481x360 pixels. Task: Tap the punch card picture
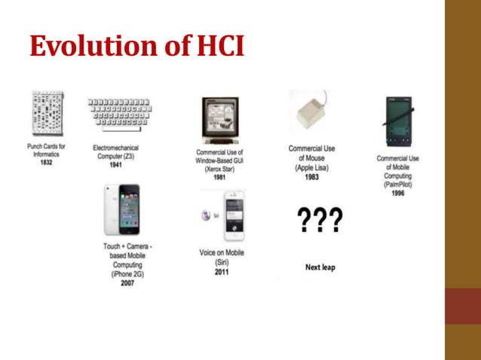pos(47,113)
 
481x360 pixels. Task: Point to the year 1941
pos(115,164)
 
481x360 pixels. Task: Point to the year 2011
pos(222,272)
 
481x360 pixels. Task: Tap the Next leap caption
pos(320,267)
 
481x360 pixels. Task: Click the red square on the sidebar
pos(463,306)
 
